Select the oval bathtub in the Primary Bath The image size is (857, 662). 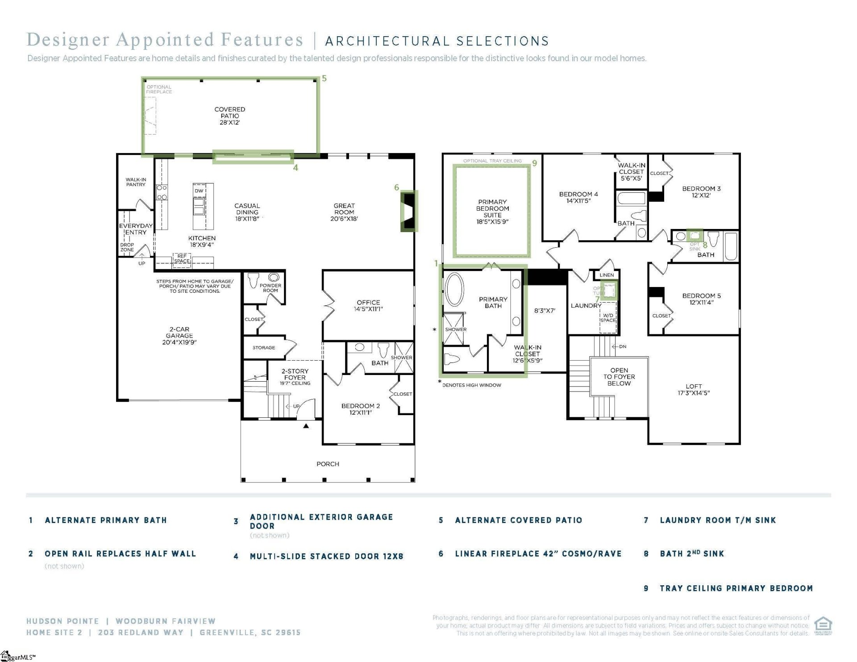[x=454, y=290]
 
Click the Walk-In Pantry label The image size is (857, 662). [x=136, y=182]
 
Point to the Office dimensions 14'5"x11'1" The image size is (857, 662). [x=368, y=309]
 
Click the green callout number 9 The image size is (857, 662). [x=534, y=163]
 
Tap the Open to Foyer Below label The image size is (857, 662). [x=619, y=377]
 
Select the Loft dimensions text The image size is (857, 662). [x=693, y=393]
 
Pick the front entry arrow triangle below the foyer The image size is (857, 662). [x=306, y=426]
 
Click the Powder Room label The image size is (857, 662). [x=270, y=288]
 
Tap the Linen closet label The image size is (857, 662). [x=607, y=275]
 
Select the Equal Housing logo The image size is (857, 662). [x=823, y=625]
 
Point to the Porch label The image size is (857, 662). [x=328, y=464]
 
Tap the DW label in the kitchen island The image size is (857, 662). [x=199, y=191]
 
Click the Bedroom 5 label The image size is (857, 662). [x=701, y=296]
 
